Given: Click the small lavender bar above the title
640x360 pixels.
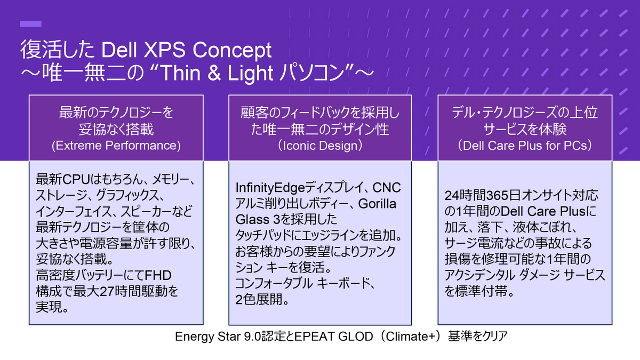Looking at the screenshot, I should coord(30,24).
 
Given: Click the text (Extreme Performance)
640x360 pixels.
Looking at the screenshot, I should coord(116,145).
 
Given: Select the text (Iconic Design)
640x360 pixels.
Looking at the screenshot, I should coord(321,145).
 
